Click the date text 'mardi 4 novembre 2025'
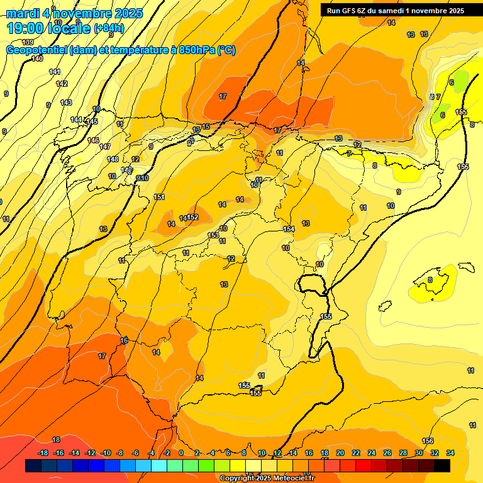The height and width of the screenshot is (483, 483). click(74, 13)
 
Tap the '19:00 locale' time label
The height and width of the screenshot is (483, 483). click(48, 28)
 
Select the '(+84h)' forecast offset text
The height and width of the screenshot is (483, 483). click(108, 28)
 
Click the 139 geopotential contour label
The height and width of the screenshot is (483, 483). click(28, 42)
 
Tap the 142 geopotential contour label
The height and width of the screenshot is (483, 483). click(61, 84)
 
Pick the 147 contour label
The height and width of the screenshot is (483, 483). click(105, 147)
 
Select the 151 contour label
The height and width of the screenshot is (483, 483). click(159, 197)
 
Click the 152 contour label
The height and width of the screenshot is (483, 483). click(192, 217)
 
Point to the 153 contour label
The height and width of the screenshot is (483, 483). click(213, 235)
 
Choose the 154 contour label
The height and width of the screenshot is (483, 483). click(289, 229)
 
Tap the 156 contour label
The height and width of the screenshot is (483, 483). click(428, 441)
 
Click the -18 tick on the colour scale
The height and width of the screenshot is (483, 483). click(43, 453)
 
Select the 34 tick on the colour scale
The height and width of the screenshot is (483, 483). click(450, 453)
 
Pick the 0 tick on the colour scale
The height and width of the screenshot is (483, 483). click(181, 453)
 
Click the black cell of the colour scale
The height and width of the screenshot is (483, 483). click(442, 465)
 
